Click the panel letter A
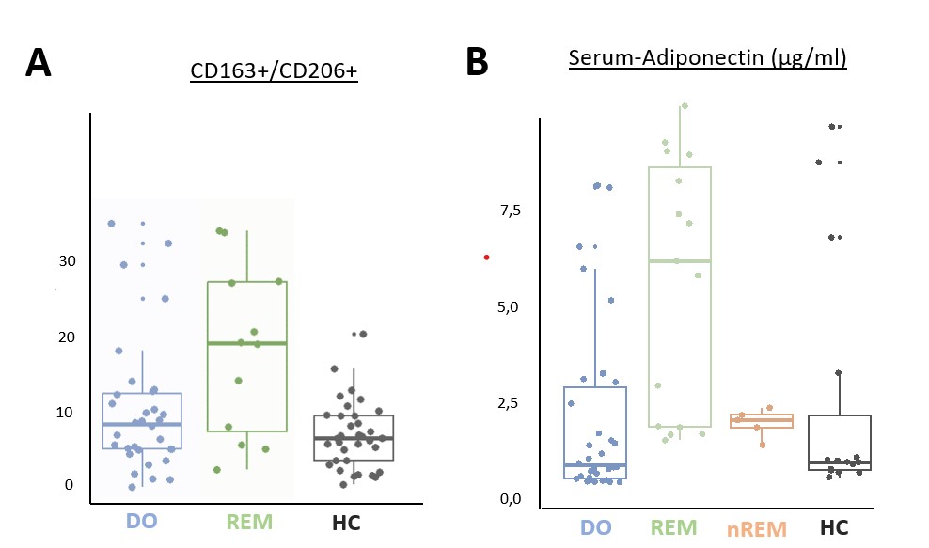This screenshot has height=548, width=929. point(39,63)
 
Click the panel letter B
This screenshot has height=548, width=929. point(477,63)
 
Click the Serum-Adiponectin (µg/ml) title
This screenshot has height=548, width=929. point(708,58)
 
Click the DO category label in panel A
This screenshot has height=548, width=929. point(141,522)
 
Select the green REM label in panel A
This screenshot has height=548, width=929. point(246,522)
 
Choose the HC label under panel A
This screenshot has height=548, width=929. point(345,522)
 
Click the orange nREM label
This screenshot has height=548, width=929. point(757,528)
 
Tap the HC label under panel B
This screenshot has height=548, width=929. point(833,528)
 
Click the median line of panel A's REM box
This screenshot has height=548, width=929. point(246,343)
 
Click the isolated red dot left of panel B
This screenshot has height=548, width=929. point(486,257)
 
